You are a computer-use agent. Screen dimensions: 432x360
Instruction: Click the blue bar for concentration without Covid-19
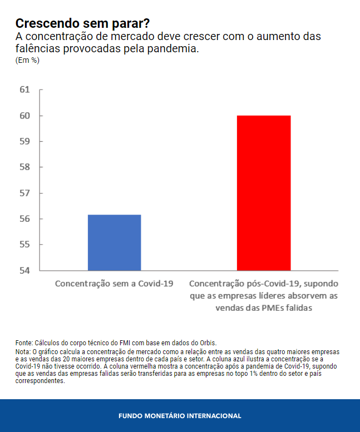114,242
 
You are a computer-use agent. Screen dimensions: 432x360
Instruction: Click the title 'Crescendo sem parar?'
82,23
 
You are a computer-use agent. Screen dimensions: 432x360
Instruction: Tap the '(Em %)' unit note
27,60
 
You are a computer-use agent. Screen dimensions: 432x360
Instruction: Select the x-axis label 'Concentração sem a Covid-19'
114,284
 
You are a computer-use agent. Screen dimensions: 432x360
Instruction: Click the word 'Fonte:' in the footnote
24,343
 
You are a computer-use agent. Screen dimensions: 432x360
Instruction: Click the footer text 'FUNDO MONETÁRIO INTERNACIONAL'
180,416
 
